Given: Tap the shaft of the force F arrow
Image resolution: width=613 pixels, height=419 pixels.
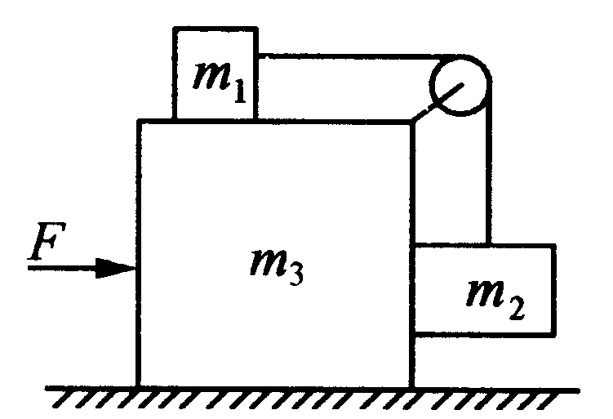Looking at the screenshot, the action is point(65,267).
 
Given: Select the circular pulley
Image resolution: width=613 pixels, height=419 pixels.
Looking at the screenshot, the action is point(460,83).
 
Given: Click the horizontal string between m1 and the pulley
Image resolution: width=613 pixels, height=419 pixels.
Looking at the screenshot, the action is point(343,56).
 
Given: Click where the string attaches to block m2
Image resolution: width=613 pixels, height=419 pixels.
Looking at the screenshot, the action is point(489,244).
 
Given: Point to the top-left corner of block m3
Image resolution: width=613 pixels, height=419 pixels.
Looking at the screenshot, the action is point(139,122).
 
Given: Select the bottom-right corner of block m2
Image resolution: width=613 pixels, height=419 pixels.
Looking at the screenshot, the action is point(554,333).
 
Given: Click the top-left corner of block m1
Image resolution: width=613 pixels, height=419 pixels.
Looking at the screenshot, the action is point(174,28).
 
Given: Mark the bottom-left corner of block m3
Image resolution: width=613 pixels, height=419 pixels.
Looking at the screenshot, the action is point(139,386).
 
